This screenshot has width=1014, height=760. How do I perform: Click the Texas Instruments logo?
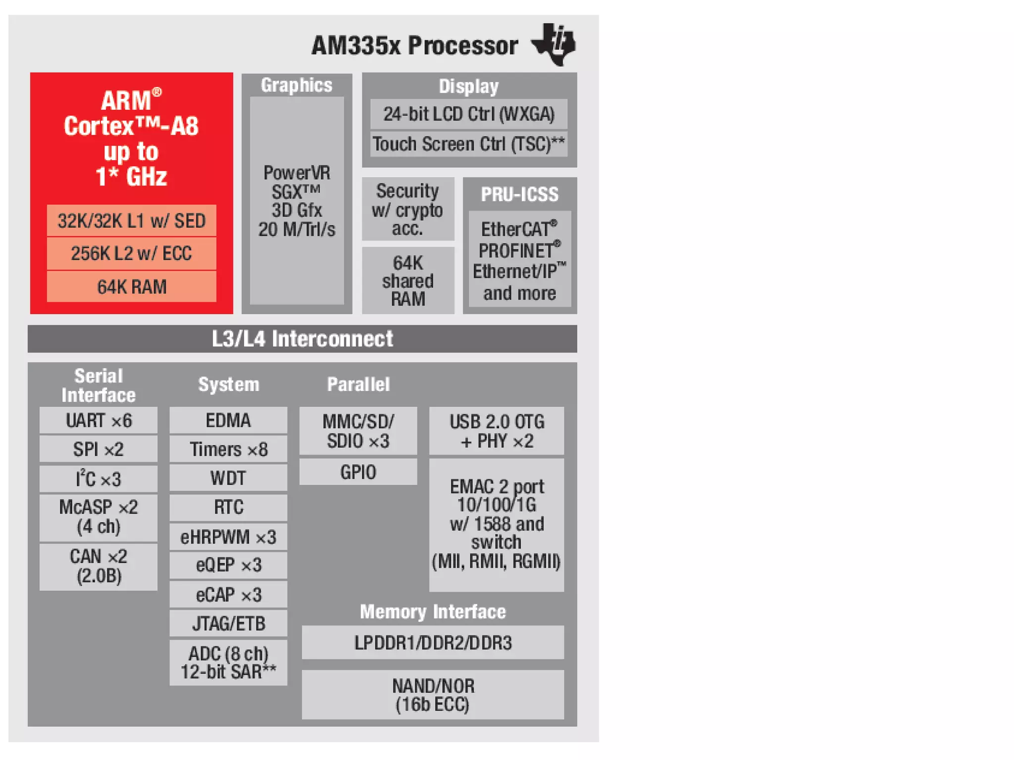tap(554, 44)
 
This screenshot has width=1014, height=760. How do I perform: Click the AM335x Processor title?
tap(414, 46)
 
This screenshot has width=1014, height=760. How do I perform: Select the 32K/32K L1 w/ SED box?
tap(131, 221)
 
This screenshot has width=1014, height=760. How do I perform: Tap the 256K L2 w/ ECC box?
tap(131, 253)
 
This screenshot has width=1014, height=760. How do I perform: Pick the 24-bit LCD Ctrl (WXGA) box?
tap(468, 114)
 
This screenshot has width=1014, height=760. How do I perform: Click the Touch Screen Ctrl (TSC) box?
tap(468, 144)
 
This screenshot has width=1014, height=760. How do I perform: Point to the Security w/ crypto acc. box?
tap(407, 209)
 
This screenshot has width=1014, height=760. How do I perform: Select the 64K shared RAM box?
tap(407, 281)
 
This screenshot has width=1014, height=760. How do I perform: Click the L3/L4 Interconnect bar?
tap(302, 339)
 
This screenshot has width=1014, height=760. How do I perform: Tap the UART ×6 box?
tap(99, 421)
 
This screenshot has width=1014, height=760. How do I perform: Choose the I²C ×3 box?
tap(99, 479)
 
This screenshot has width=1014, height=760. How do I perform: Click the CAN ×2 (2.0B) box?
tap(99, 566)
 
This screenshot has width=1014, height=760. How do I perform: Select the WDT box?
tap(228, 478)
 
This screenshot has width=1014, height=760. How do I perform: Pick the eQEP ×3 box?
tap(228, 565)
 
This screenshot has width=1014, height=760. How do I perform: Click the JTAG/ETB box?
tap(228, 623)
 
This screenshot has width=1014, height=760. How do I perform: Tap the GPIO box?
tap(358, 472)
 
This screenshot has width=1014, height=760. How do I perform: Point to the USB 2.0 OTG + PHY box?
tap(496, 431)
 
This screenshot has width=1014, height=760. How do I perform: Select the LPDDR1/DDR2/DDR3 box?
tap(433, 643)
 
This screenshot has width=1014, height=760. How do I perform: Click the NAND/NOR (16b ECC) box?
tap(433, 695)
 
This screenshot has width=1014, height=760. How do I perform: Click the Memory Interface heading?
tap(433, 612)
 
